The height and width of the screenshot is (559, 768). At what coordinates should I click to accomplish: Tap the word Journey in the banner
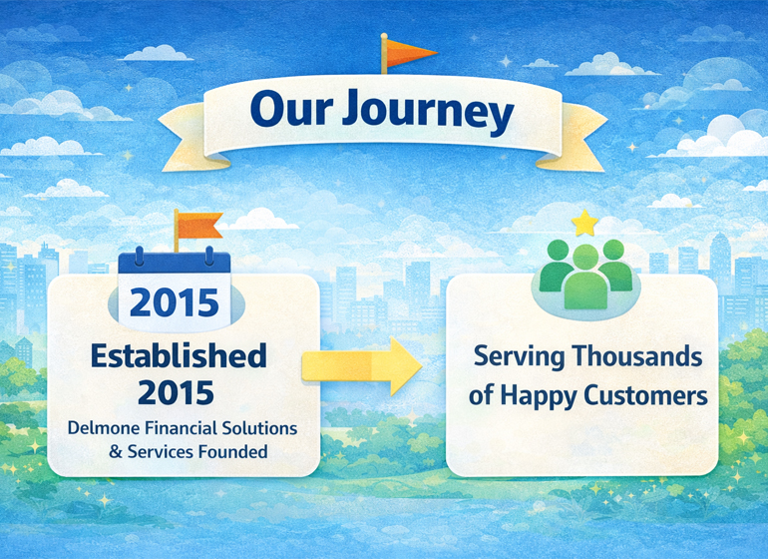[x=429, y=114]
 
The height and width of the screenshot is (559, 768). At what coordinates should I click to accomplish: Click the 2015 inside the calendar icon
[x=175, y=300]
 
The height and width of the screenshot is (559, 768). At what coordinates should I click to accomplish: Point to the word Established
[x=181, y=355]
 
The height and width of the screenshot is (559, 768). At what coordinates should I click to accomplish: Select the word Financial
[x=177, y=428]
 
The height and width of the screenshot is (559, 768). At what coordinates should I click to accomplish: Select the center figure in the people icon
[x=584, y=276]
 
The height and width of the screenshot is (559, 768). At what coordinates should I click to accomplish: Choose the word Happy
[x=534, y=396]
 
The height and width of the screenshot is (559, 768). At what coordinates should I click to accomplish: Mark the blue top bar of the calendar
[x=175, y=265]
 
